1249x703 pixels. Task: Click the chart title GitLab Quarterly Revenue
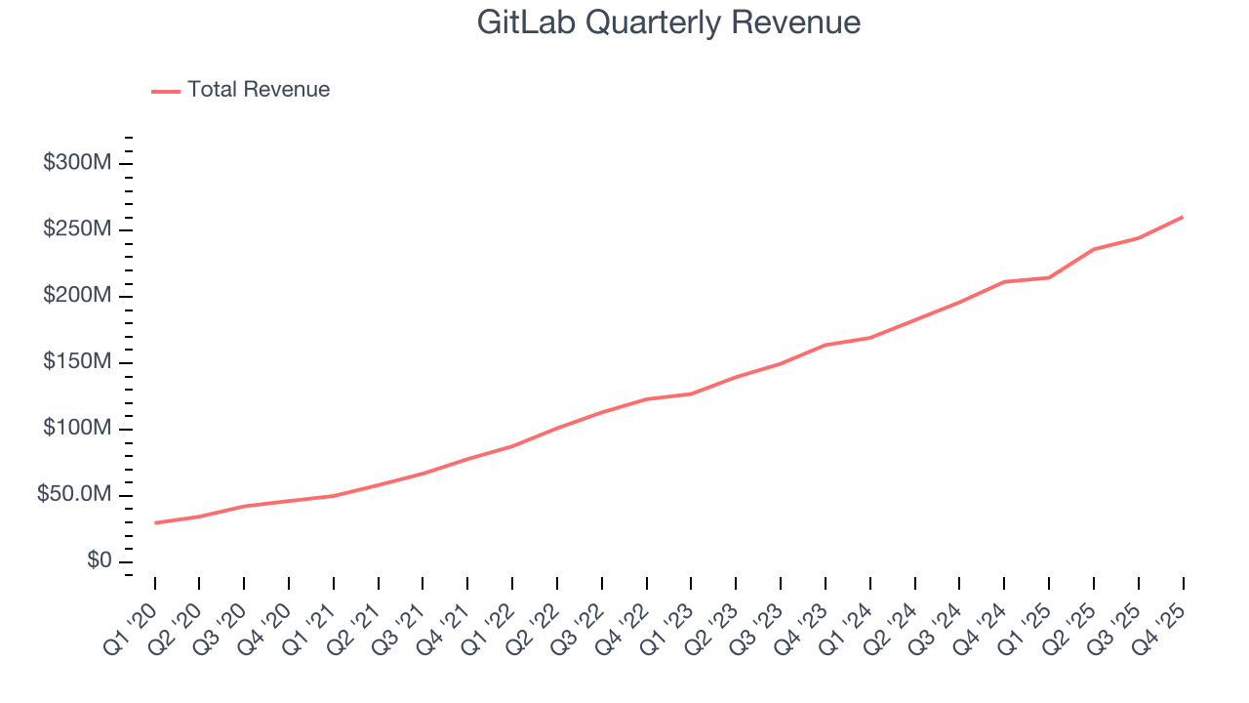(668, 22)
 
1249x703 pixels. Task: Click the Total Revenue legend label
(259, 90)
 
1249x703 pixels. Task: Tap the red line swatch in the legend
(166, 91)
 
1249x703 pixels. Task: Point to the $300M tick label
(76, 162)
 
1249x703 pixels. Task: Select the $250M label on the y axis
(76, 229)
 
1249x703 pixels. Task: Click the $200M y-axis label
(76, 296)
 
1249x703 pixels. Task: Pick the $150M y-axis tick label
(76, 362)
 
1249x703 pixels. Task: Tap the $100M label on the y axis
(76, 429)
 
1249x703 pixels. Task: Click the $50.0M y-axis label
(73, 495)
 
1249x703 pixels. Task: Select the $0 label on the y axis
(99, 561)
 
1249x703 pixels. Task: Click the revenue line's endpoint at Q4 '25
(1183, 217)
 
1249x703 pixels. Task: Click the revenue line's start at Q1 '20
(155, 522)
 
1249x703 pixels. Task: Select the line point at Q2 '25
(1094, 249)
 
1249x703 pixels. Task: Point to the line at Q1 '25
(1049, 277)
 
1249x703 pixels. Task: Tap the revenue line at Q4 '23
(826, 345)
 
